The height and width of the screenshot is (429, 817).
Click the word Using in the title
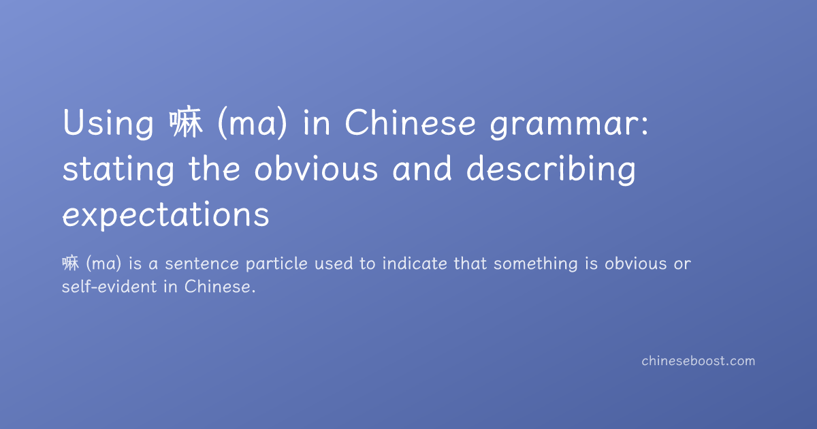108,123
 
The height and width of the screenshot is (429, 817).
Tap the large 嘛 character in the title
186,122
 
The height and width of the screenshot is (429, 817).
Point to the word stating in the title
118,170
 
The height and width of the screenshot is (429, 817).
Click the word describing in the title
551,170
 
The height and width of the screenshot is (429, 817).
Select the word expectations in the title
166,214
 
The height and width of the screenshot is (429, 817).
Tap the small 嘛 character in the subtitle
70,264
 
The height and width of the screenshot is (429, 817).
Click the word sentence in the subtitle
202,264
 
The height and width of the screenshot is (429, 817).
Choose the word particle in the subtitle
277,264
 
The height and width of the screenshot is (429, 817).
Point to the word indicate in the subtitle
415,264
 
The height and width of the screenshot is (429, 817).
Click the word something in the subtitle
536,264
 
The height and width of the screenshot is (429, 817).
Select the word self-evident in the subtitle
110,287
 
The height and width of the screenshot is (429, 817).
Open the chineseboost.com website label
699,361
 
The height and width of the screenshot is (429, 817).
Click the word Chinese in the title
411,123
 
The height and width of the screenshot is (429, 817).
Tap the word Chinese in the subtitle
218,287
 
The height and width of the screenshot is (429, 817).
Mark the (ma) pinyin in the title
253,124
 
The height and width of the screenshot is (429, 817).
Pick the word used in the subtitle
334,264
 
